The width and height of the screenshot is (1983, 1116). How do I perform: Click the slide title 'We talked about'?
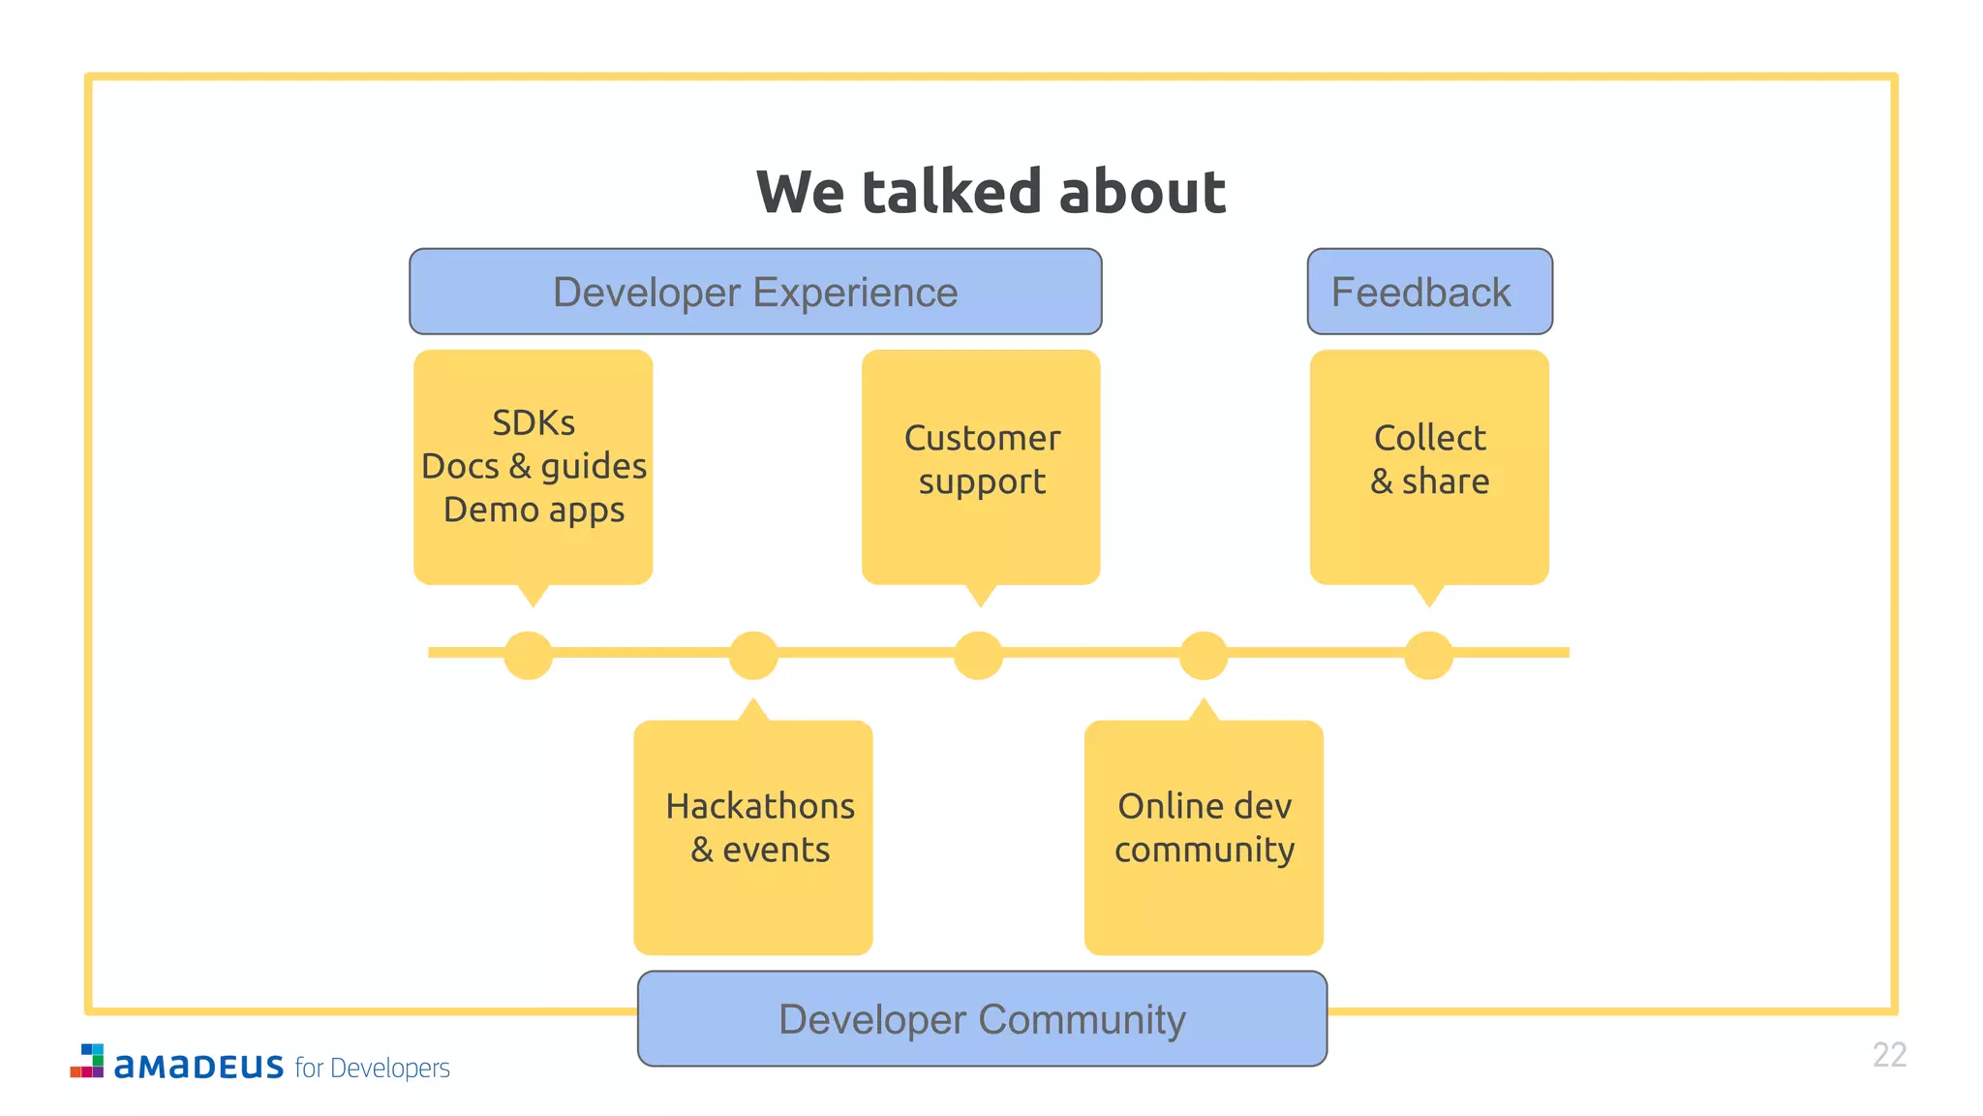point(991,192)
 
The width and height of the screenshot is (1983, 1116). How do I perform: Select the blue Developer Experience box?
point(755,292)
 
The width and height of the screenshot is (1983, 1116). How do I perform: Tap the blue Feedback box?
point(1429,292)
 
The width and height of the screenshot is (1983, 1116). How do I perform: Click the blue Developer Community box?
point(982,1019)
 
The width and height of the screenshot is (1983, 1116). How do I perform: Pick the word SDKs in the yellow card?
point(534,423)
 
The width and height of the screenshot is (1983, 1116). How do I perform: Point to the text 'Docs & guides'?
point(534,467)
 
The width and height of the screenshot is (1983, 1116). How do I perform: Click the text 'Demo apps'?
point(534,511)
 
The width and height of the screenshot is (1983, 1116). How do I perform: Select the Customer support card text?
point(982,460)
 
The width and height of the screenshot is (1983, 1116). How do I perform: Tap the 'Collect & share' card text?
point(1429,460)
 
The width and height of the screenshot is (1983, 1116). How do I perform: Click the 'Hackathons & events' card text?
point(760,828)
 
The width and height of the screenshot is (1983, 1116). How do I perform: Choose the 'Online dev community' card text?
point(1205,828)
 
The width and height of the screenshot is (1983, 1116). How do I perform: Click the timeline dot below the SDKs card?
point(529,655)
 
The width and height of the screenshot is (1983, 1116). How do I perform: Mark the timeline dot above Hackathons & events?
point(753,655)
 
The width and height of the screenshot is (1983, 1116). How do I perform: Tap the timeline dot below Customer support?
point(978,655)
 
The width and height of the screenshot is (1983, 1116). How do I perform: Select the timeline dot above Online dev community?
point(1204,655)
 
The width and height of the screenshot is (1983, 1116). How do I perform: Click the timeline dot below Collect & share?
point(1428,655)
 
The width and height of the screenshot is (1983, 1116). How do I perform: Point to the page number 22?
point(1889,1055)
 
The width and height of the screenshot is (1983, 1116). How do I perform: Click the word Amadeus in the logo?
point(198,1067)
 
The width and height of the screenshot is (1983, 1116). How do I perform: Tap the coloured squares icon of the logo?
point(88,1061)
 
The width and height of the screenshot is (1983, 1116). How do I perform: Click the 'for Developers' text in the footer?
point(373,1068)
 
